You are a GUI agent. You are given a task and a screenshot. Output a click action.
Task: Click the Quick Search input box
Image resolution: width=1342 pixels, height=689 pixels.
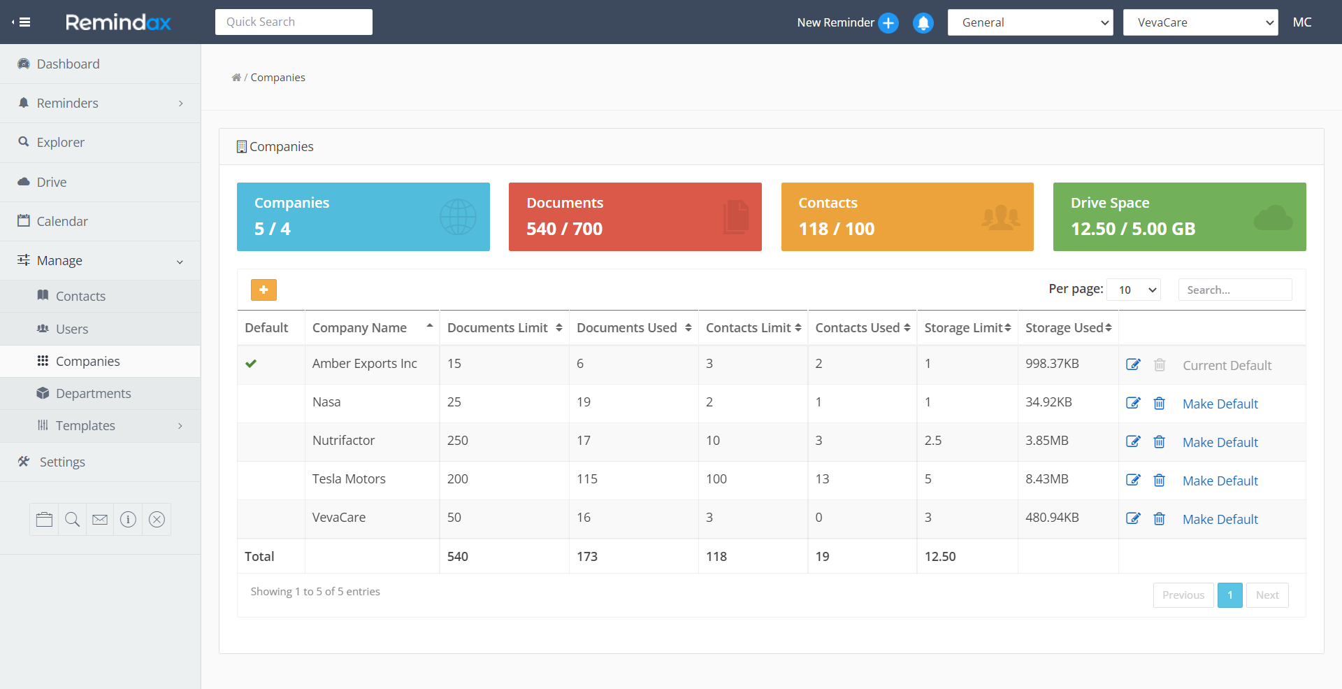pos(294,22)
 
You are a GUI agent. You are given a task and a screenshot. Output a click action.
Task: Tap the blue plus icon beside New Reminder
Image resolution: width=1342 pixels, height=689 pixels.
pos(888,22)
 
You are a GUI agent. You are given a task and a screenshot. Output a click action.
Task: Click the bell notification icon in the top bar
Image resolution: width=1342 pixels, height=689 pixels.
pos(923,22)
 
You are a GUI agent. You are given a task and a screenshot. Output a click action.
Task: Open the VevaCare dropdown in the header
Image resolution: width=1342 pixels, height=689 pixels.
pos(1200,22)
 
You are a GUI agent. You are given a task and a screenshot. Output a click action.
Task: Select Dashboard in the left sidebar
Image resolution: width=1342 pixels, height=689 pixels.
pos(68,64)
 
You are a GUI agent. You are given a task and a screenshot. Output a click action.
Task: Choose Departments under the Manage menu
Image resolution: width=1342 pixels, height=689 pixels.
pos(93,393)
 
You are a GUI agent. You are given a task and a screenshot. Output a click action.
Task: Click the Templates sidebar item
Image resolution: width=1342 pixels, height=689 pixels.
pos(85,425)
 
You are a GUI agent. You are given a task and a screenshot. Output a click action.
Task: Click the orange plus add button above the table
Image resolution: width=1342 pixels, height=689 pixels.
pos(264,290)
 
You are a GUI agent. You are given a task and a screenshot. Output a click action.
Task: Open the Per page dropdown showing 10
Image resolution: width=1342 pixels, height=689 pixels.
pos(1134,290)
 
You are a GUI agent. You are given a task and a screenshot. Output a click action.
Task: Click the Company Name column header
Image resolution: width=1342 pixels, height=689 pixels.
pos(359,327)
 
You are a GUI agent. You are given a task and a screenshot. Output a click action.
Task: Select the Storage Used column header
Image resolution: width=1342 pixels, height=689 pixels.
pos(1064,327)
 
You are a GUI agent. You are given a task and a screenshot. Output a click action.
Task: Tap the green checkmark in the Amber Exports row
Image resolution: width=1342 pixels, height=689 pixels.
pos(251,364)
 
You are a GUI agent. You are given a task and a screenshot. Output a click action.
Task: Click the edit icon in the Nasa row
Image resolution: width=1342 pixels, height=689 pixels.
pos(1133,403)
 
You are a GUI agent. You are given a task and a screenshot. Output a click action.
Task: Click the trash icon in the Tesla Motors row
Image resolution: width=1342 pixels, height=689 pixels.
pos(1159,480)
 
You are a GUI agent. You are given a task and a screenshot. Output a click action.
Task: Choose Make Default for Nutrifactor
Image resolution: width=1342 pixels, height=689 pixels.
pos(1220,442)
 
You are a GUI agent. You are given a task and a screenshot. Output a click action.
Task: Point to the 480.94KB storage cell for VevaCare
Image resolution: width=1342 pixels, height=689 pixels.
pos(1052,518)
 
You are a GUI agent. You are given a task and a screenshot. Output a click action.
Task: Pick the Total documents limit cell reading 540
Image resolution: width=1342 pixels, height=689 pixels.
pos(458,556)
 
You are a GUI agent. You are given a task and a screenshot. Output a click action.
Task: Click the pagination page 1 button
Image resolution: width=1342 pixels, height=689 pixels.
pos(1229,595)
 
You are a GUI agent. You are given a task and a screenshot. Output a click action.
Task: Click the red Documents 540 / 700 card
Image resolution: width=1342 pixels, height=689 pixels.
pos(635,217)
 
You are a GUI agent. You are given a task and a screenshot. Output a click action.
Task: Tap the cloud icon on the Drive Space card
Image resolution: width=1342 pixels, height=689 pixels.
pos(1273,218)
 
